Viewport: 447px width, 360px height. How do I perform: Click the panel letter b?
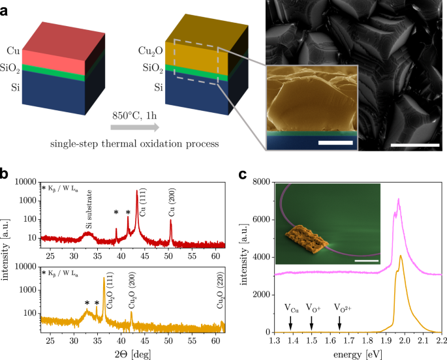(6, 175)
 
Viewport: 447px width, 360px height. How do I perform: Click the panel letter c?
(243, 175)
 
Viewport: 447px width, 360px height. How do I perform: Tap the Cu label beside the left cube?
(13, 50)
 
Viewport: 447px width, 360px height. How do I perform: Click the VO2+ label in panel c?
(343, 307)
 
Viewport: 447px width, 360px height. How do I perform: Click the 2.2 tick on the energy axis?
(442, 340)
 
